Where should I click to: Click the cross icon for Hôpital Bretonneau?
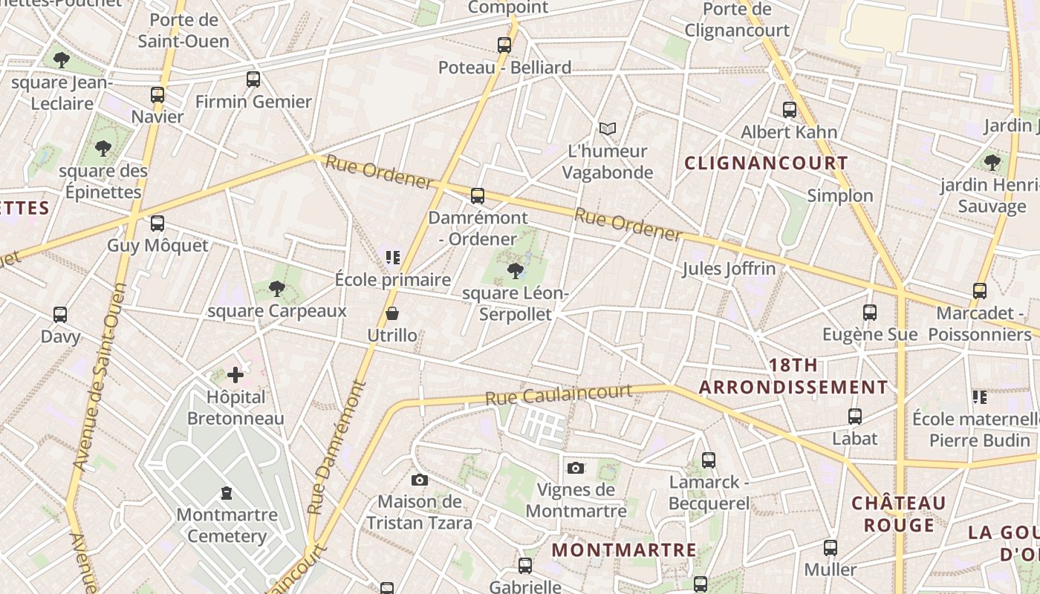click(235, 375)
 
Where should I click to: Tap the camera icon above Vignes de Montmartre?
click(576, 468)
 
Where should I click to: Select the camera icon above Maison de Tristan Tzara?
click(420, 480)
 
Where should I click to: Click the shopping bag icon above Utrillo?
click(392, 314)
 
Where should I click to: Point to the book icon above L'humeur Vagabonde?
click(608, 129)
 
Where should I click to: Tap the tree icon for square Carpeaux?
click(277, 288)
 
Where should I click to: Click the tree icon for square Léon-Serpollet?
click(516, 271)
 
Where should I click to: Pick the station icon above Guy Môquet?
click(157, 223)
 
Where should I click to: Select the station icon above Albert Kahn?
click(790, 110)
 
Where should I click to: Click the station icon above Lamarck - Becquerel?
click(709, 460)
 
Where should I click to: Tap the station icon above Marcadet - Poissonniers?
click(980, 291)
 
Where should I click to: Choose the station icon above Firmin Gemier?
click(253, 79)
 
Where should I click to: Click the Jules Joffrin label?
click(729, 269)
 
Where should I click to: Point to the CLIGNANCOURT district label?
click(766, 163)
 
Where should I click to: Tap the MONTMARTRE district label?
click(625, 550)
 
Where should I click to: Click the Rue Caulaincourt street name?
click(559, 394)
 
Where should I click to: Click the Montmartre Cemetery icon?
click(227, 493)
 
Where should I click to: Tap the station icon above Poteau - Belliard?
click(504, 45)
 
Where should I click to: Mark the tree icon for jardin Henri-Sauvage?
click(992, 163)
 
